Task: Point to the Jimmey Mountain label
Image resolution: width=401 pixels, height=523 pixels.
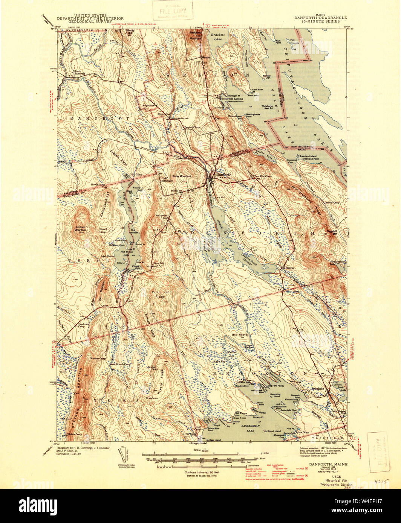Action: click(x=80, y=229)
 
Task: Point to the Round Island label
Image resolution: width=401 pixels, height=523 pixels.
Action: click(x=274, y=431)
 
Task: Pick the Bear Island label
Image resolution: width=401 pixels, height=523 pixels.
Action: click(x=214, y=439)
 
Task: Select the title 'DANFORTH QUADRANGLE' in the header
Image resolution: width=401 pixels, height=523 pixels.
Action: click(x=321, y=17)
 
